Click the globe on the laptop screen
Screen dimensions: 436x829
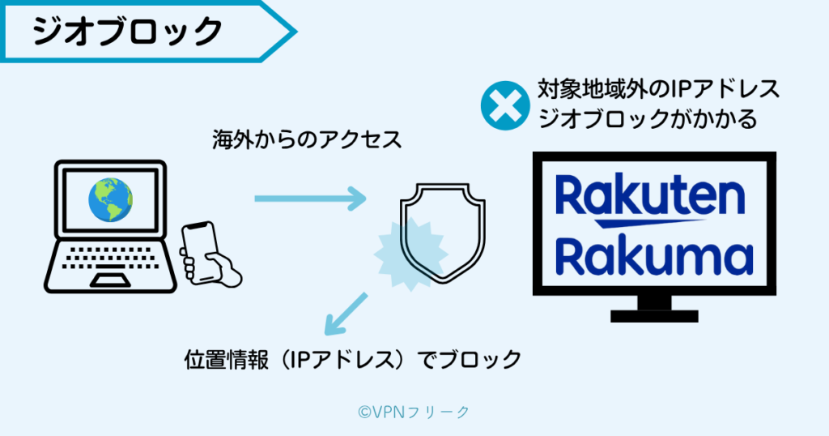(x=111, y=199)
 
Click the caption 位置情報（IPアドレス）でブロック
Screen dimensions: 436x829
(x=352, y=359)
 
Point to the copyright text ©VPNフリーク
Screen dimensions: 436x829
(x=414, y=412)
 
